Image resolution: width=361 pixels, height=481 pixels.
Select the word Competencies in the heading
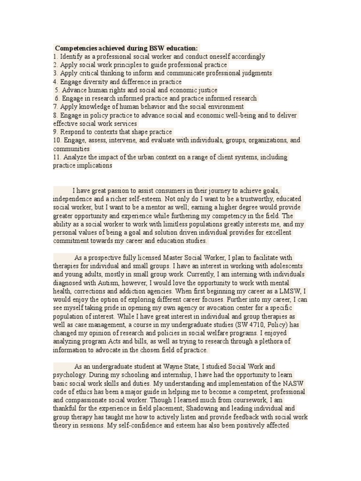tap(75, 48)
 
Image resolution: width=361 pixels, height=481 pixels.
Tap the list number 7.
tap(55, 107)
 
